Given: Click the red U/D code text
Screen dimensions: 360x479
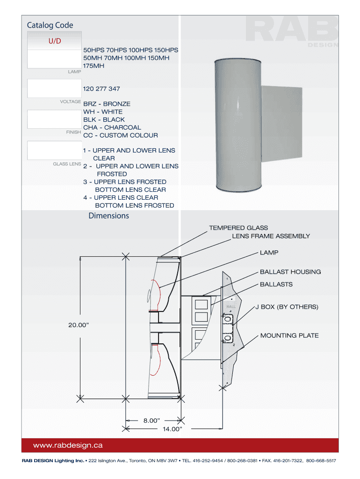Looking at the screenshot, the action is pyautogui.click(x=55, y=41).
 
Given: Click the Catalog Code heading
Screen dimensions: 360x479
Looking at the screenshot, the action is pyautogui.click(x=50, y=25).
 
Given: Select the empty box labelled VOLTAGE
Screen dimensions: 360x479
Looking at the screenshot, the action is pyautogui.click(x=54, y=88).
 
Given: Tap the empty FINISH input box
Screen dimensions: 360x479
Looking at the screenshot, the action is pyautogui.click(x=54, y=119).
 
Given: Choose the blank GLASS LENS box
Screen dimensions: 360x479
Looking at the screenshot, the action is pyautogui.click(x=54, y=150).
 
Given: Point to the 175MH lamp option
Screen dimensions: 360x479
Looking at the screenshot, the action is pyautogui.click(x=94, y=65).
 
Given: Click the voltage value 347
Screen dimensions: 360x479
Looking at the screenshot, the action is pyautogui.click(x=114, y=88).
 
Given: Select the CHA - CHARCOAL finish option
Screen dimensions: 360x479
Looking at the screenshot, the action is pyautogui.click(x=112, y=127).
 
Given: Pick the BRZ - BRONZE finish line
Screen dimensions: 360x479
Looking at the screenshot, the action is pyautogui.click(x=107, y=104).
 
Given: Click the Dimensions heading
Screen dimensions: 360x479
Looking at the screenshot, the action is pyautogui.click(x=109, y=216).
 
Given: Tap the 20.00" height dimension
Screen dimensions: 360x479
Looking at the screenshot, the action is pyautogui.click(x=79, y=325).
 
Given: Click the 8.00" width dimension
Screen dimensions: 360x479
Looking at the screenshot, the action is pyautogui.click(x=152, y=421).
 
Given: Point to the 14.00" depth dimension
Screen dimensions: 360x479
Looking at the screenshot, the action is pyautogui.click(x=172, y=429).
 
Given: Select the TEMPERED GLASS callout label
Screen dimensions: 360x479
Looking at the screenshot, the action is pyautogui.click(x=238, y=228).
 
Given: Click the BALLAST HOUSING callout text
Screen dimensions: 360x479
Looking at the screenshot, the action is pyautogui.click(x=290, y=272).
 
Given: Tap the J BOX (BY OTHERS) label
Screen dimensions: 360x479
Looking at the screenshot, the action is pyautogui.click(x=287, y=307).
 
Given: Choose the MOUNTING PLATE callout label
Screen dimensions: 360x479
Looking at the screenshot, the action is pyautogui.click(x=289, y=335).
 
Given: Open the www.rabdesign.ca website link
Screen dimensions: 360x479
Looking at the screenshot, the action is pyautogui.click(x=68, y=445).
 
